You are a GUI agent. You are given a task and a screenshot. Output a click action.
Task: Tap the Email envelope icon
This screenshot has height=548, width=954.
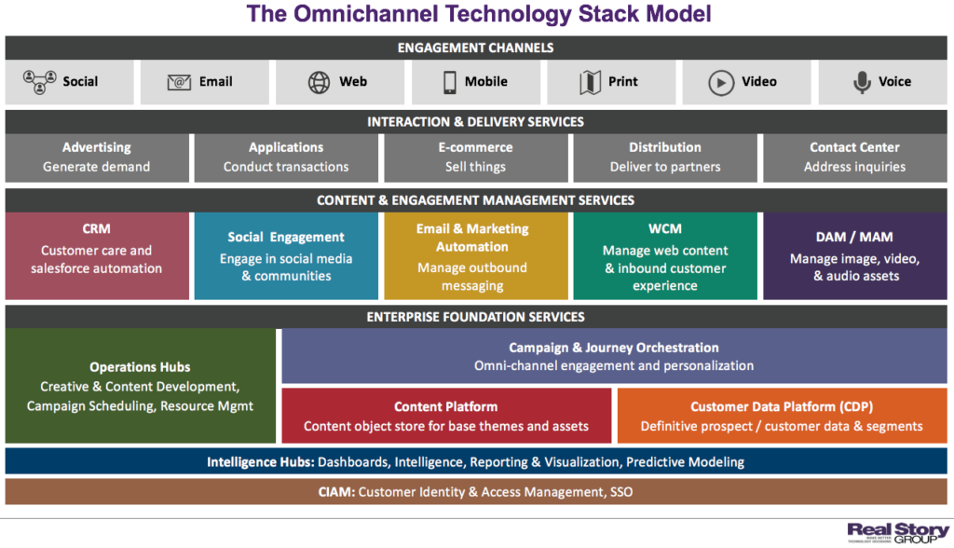coord(179,82)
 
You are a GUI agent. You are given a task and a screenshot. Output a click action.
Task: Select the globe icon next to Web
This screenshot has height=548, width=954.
coord(319,82)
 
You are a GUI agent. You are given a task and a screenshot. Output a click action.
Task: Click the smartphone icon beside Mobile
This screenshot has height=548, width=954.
coord(451,82)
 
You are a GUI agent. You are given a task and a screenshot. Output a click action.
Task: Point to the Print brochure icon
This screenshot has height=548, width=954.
coord(590,82)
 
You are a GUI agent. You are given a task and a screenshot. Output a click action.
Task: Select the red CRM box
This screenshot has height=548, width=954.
coord(97,255)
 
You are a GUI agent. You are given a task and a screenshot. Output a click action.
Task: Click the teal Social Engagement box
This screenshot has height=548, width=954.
coord(286,255)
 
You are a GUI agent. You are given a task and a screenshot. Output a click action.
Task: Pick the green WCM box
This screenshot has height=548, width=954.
coord(664,255)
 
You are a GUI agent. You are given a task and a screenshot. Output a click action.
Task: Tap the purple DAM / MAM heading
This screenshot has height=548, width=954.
coord(854,238)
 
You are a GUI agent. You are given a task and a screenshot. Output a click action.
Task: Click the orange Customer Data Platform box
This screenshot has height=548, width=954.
coord(782,416)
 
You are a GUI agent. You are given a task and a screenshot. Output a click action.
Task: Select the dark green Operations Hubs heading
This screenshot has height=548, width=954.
coord(140,367)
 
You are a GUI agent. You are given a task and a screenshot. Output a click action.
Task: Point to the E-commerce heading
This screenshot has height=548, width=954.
coord(475,147)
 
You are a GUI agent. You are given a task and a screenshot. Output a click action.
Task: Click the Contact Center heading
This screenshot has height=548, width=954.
coord(854,147)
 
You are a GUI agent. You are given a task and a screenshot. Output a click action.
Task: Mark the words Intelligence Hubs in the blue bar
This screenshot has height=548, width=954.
coord(260,462)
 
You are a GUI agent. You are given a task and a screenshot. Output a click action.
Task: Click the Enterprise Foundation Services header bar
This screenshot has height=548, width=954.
coord(476,317)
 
